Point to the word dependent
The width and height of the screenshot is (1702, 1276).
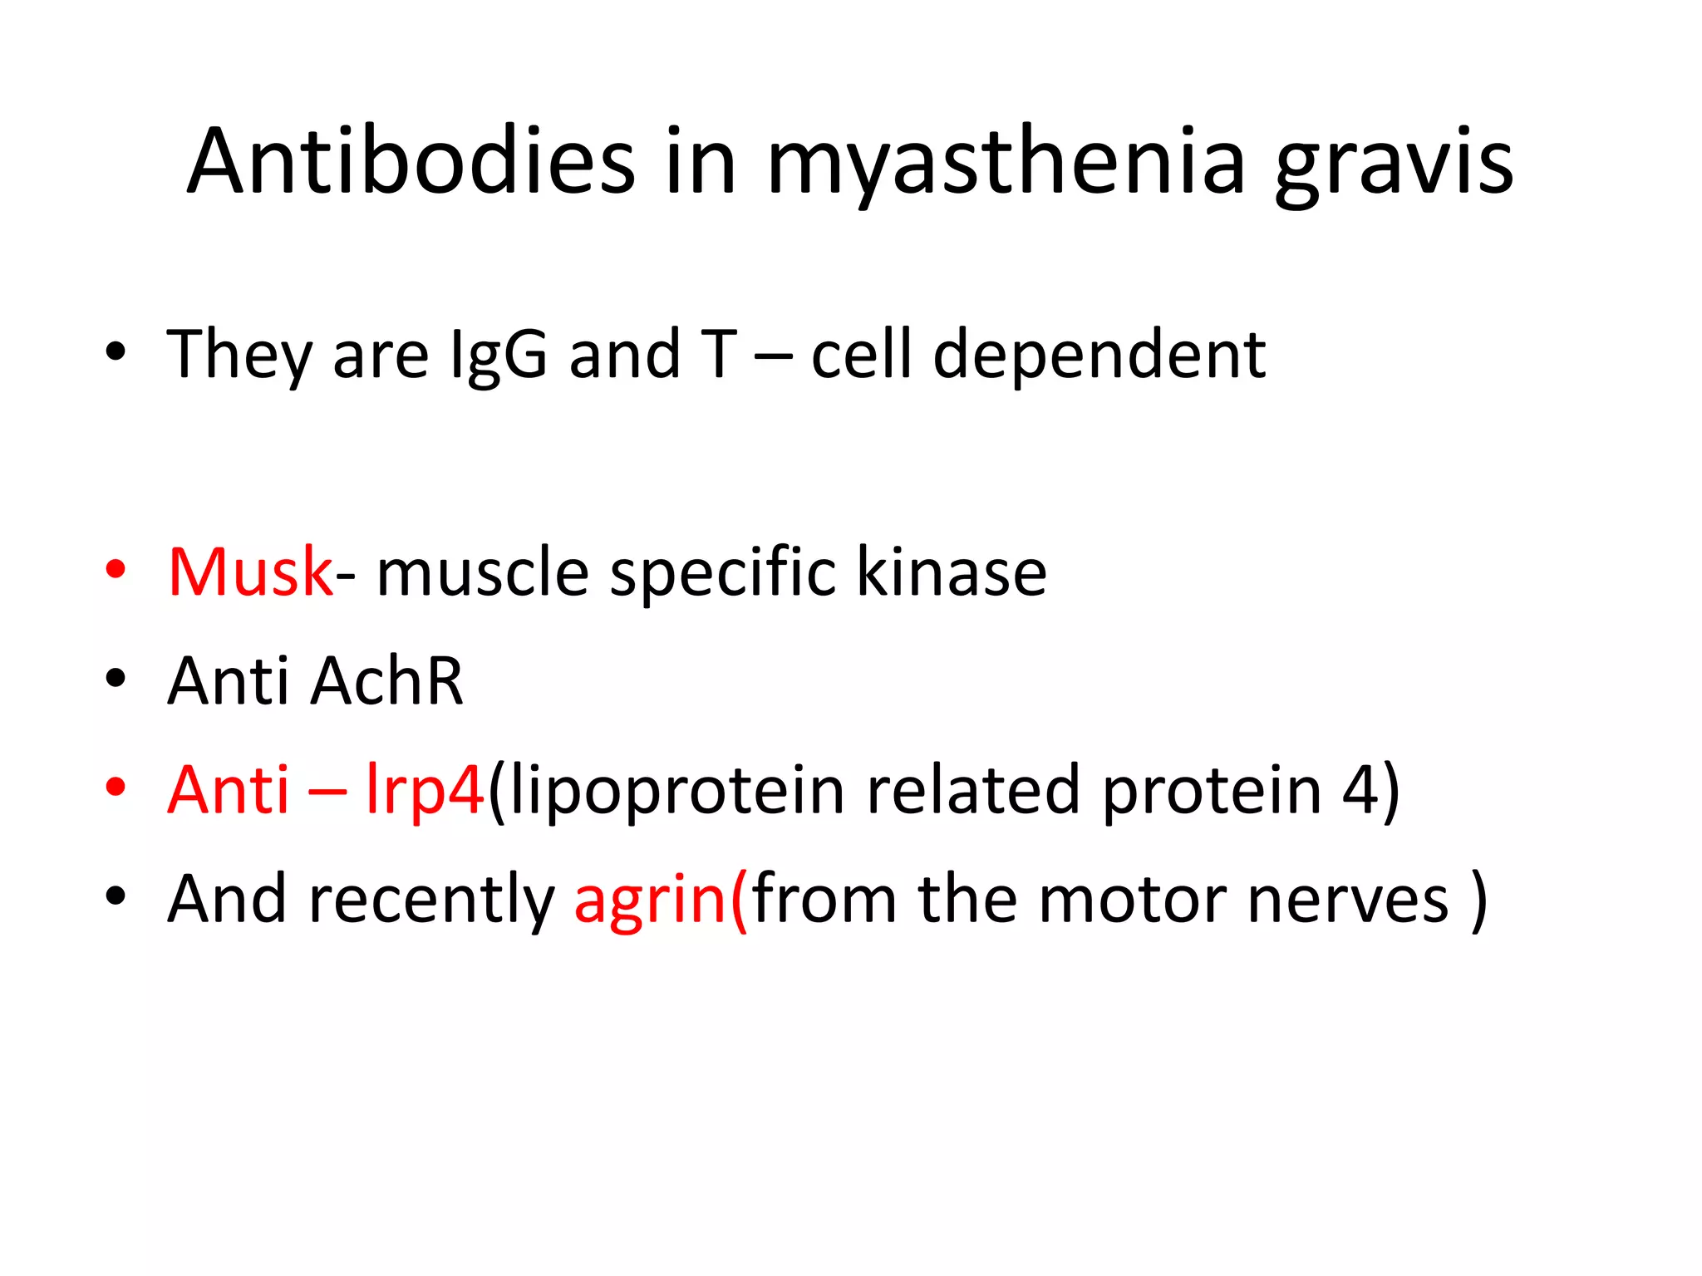(1099, 356)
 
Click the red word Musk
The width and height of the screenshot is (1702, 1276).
(249, 572)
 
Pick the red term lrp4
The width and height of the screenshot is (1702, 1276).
(425, 791)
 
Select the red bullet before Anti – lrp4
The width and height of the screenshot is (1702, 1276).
(116, 787)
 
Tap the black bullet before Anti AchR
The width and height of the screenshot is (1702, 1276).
(116, 679)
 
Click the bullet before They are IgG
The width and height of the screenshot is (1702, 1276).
(116, 352)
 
